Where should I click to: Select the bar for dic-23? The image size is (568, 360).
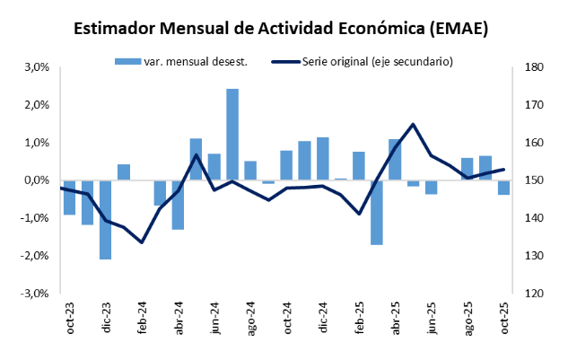pos(106,220)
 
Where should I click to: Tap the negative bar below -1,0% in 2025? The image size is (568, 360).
pos(377,212)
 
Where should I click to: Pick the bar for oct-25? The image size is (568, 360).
pos(503,188)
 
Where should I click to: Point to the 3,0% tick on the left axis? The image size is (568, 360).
pos(35,67)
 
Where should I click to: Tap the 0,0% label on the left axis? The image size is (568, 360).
pos(35,180)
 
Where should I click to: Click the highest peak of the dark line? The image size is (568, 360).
pos(413,125)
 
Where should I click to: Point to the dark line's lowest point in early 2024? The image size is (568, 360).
pos(142,242)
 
